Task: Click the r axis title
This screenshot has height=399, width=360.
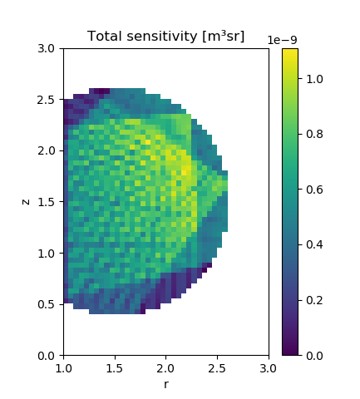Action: click(166, 384)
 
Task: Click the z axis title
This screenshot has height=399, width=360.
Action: click(26, 202)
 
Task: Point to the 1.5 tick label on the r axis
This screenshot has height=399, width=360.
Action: click(115, 369)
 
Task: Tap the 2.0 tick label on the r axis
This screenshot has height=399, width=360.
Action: click(166, 369)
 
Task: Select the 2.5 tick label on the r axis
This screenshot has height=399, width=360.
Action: click(217, 369)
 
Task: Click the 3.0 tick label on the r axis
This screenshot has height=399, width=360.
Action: click(269, 369)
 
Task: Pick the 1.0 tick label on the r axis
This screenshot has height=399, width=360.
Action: click(64, 369)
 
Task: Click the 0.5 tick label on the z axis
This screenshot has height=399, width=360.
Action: click(46, 304)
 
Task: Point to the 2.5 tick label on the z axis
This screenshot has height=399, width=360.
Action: click(46, 100)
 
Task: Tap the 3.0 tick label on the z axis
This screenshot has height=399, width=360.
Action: click(46, 49)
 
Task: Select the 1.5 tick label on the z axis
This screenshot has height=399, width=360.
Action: click(46, 202)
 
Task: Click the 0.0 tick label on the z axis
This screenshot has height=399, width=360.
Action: click(46, 356)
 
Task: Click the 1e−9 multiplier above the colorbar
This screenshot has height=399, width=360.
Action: click(283, 40)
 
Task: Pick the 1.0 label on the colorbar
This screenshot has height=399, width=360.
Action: click(314, 79)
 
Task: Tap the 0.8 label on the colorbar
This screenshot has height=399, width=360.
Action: click(314, 135)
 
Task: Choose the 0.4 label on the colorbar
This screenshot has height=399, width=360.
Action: click(314, 245)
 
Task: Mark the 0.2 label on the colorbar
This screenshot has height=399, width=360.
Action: click(314, 300)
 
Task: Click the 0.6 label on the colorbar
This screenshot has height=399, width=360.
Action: click(314, 190)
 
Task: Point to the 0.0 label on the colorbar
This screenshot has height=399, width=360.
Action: click(314, 356)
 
